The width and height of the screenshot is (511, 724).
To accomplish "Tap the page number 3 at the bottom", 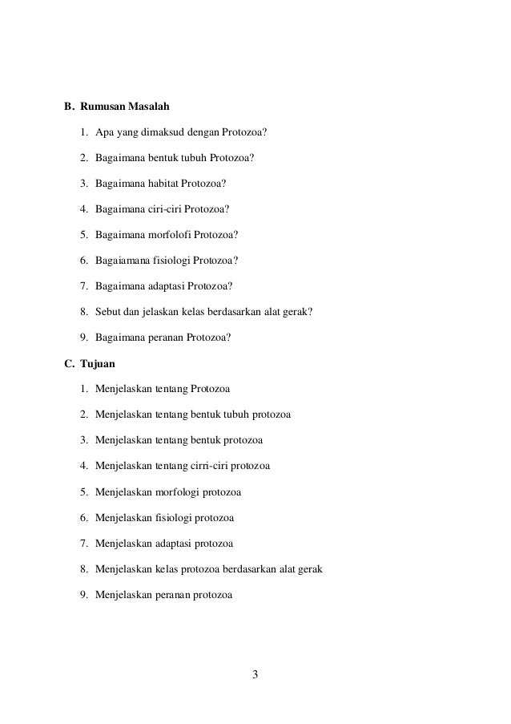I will coord(255,673).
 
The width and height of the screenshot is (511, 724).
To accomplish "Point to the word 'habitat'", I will coord(167,183).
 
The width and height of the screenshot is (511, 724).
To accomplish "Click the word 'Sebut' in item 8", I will coord(107,312).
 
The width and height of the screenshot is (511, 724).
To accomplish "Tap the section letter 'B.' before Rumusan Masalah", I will coord(69,106).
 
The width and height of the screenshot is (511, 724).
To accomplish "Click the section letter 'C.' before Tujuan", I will coord(69,363).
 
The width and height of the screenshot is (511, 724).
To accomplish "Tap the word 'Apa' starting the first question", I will coord(103,131).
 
